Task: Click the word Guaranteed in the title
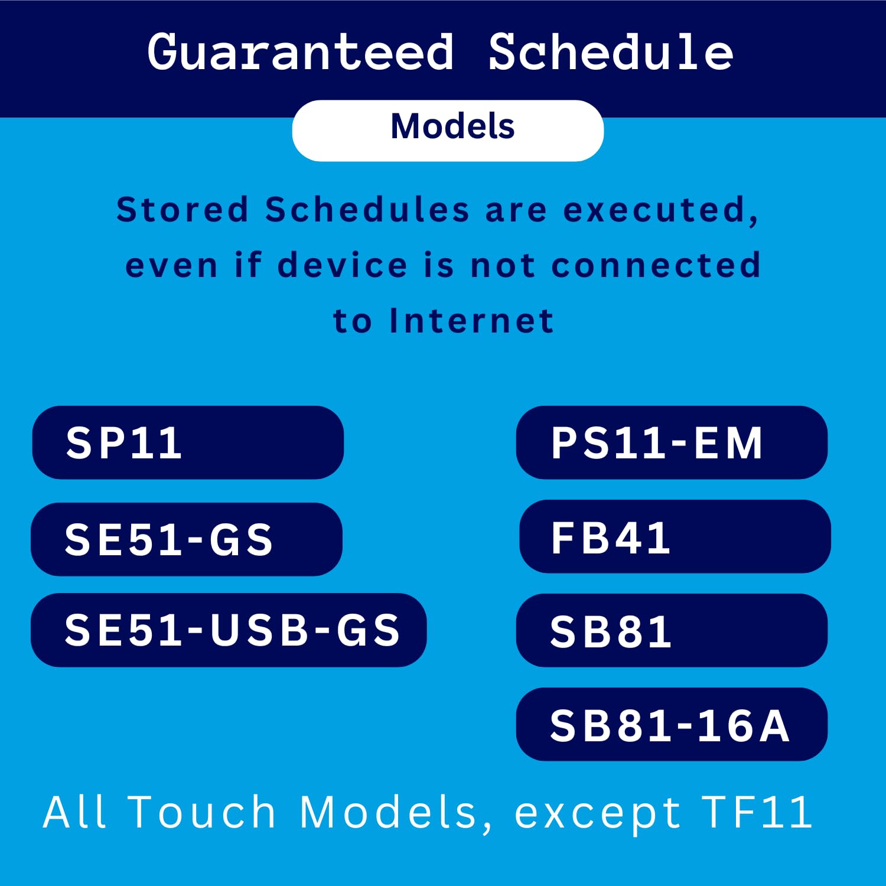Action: tap(301, 52)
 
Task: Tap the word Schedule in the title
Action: tap(611, 52)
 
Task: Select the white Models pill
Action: tap(448, 131)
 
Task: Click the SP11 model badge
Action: tap(188, 442)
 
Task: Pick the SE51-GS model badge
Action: tap(187, 539)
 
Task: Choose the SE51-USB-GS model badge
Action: tap(229, 630)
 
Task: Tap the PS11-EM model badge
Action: tap(672, 442)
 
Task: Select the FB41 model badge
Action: tap(675, 536)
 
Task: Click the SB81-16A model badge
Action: tap(672, 724)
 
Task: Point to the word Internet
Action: tap(471, 321)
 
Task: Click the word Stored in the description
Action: tap(182, 210)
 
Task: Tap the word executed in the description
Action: tap(660, 211)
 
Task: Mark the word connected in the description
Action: tap(656, 265)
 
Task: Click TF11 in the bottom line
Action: tap(757, 812)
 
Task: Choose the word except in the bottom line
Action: tap(597, 816)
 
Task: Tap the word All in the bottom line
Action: tap(74, 812)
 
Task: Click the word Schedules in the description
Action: tap(367, 210)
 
